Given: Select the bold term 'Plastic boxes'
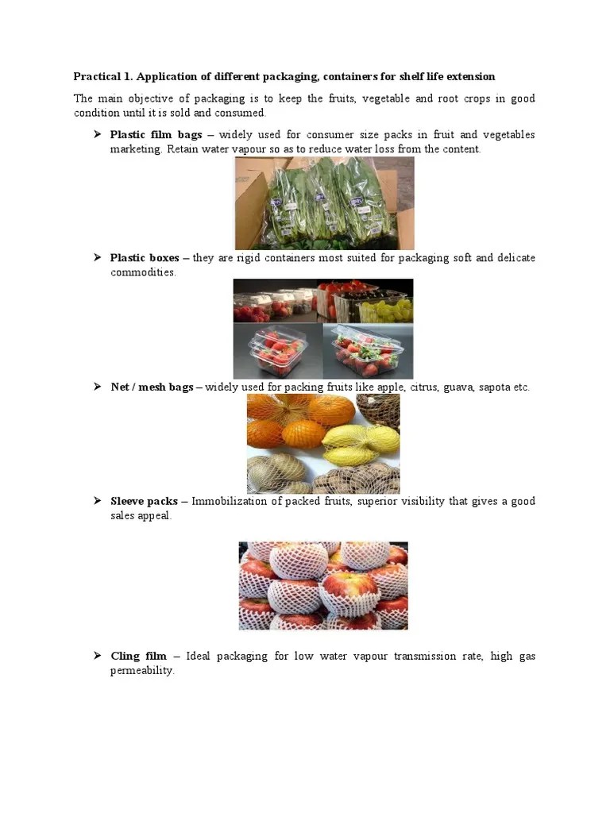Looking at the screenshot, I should tap(145, 258).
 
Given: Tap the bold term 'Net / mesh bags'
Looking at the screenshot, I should tap(152, 387).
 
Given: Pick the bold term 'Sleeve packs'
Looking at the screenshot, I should tap(144, 501).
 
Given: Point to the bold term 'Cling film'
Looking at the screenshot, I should tap(139, 656).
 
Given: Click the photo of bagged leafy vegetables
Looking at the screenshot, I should tap(324, 203).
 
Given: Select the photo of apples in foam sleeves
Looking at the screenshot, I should tap(323, 586).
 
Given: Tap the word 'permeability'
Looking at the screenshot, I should tap(141, 671).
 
